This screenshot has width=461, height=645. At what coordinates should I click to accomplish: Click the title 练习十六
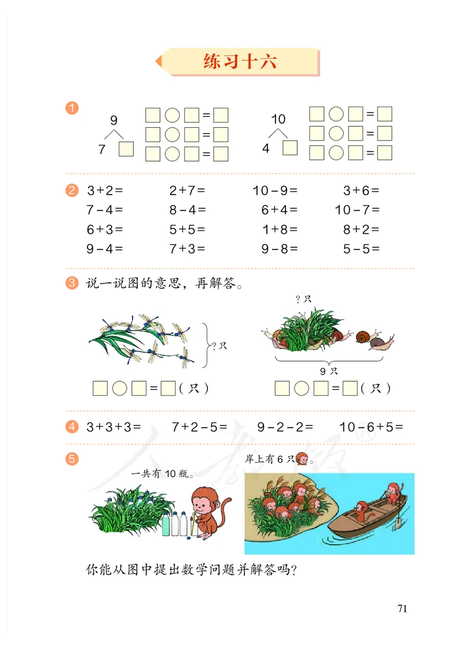(240, 62)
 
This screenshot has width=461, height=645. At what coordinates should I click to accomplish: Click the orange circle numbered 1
(72, 108)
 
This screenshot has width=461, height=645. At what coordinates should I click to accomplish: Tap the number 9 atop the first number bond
(114, 120)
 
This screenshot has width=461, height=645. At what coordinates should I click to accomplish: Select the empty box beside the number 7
(126, 149)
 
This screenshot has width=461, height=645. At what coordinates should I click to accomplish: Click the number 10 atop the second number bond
(278, 119)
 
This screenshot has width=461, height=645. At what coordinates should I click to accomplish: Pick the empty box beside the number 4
(290, 148)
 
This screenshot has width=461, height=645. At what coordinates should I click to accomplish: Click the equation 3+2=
(105, 191)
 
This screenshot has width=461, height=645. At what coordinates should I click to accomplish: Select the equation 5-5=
(361, 249)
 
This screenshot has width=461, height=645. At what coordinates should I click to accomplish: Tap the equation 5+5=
(187, 229)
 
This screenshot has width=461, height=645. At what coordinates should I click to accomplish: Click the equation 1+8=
(279, 229)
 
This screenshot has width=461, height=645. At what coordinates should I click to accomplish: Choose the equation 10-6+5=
(371, 427)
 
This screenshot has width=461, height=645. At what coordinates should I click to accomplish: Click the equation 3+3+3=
(114, 427)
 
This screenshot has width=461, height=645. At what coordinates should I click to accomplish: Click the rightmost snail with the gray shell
(381, 343)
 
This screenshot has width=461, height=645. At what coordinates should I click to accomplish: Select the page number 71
(402, 609)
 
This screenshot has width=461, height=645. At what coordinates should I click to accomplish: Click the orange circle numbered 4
(72, 427)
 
